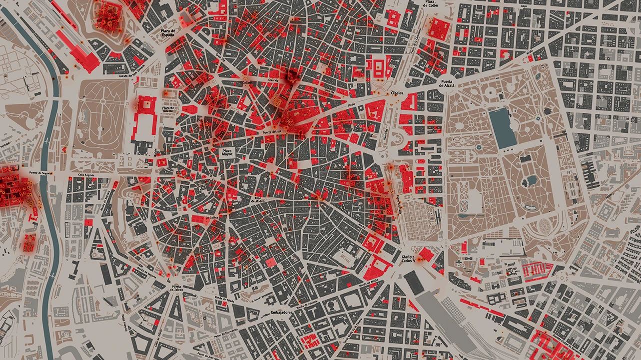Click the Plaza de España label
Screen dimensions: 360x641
click(166, 33)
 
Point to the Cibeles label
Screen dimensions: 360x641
click(397, 93)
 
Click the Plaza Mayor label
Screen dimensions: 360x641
click(227, 152)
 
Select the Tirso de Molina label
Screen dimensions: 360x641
click(259, 199)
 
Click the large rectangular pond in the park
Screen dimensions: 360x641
click(502, 129)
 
